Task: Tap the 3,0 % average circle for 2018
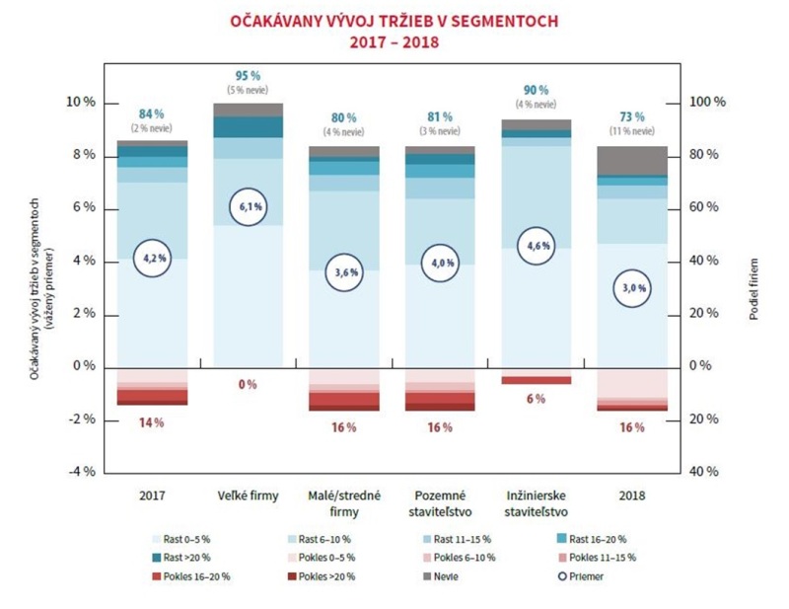point(632,287)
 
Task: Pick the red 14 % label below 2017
point(151,422)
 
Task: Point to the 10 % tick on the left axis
point(80,103)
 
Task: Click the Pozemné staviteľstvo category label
point(440,501)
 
